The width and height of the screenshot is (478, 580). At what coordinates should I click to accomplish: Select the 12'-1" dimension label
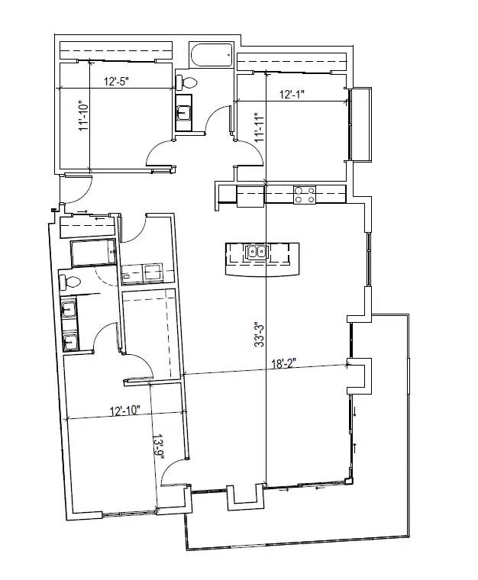pyautogui.click(x=292, y=95)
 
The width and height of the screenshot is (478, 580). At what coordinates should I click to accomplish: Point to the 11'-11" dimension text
pyautogui.click(x=260, y=127)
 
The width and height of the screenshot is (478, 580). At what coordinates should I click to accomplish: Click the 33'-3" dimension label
pyautogui.click(x=259, y=335)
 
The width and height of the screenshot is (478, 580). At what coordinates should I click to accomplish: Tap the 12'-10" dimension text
pyautogui.click(x=125, y=411)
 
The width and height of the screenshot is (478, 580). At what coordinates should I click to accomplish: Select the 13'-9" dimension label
pyautogui.click(x=158, y=447)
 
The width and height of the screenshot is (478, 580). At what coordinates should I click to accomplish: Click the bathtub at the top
pyautogui.click(x=212, y=56)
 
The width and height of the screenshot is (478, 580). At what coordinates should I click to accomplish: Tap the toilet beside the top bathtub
pyautogui.click(x=187, y=82)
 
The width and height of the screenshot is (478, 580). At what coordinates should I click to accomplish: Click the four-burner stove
pyautogui.click(x=305, y=195)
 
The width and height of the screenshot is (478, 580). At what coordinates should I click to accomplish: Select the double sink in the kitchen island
pyautogui.click(x=257, y=252)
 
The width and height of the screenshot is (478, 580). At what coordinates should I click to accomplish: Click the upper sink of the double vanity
pyautogui.click(x=69, y=308)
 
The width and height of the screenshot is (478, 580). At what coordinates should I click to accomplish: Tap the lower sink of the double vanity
pyautogui.click(x=70, y=341)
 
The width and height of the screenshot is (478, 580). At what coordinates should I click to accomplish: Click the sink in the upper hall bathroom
pyautogui.click(x=183, y=112)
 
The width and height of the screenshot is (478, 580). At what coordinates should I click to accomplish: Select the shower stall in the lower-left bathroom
pyautogui.click(x=94, y=253)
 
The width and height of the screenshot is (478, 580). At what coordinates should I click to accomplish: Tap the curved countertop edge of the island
pyautogui.click(x=262, y=275)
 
